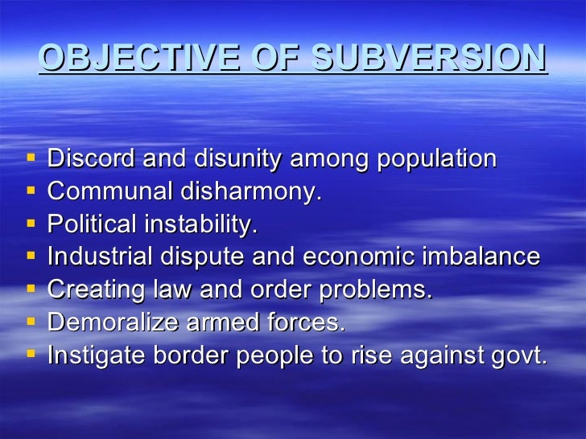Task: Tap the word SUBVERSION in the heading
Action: pos(429,58)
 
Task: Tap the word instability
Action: pos(200,224)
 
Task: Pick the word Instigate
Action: pos(95,355)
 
